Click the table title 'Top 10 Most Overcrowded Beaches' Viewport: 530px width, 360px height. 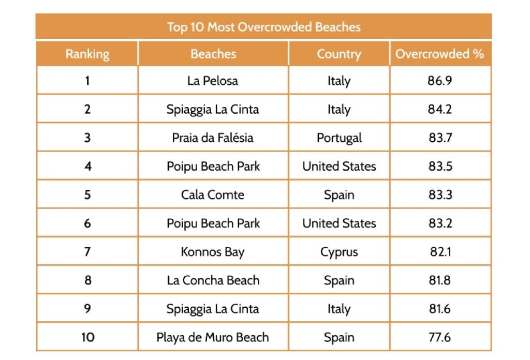(x=263, y=27)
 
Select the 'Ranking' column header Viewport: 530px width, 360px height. (x=87, y=54)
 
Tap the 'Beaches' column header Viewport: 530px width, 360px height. (x=213, y=54)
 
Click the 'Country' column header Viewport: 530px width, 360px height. (x=338, y=54)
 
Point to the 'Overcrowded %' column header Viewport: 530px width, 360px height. (x=439, y=54)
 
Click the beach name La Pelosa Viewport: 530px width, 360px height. (x=213, y=81)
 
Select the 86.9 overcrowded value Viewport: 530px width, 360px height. (x=439, y=81)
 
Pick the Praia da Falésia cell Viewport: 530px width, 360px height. (x=213, y=138)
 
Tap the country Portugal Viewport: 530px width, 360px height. (x=338, y=138)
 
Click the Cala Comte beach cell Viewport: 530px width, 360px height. (x=213, y=195)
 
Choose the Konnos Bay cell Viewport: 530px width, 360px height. (x=213, y=252)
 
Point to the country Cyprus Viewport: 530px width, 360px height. (x=338, y=252)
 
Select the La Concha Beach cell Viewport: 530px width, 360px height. (x=213, y=280)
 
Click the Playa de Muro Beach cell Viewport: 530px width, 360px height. (x=213, y=337)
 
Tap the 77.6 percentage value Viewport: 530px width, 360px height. (x=439, y=337)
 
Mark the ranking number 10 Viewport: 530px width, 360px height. (x=87, y=337)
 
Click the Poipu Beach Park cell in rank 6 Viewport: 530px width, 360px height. (x=213, y=223)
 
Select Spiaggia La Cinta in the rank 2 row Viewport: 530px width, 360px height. (x=213, y=110)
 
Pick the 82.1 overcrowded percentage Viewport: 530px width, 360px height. (x=439, y=252)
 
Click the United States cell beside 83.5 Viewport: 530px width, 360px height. (x=338, y=167)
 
